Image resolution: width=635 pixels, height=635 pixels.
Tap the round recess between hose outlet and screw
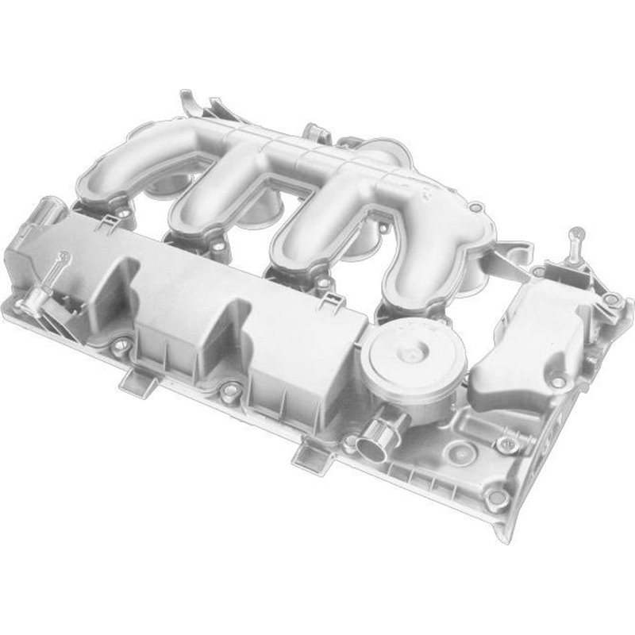[456, 453]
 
